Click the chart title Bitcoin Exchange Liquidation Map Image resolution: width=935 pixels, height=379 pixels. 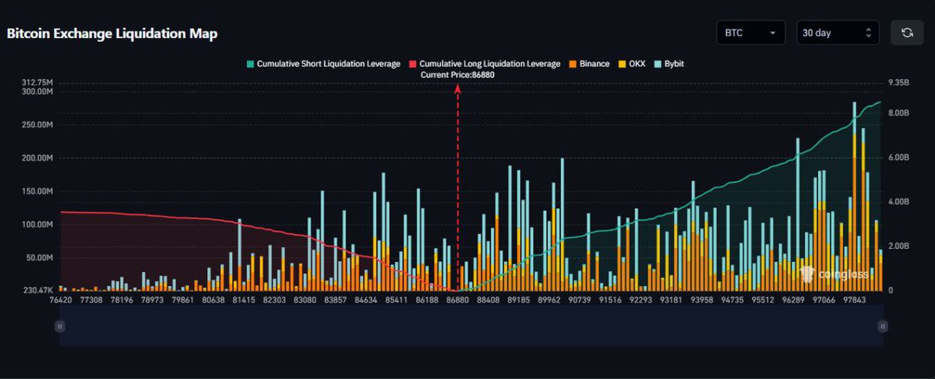point(112,34)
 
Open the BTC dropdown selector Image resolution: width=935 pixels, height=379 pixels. point(750,33)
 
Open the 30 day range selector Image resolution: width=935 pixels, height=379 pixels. point(838,33)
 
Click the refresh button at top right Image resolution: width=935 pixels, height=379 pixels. point(906,33)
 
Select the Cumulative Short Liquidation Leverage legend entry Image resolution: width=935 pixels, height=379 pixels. point(323,64)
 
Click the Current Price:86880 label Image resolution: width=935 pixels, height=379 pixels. point(457,75)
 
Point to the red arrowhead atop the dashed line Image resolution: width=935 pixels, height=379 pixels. point(457,88)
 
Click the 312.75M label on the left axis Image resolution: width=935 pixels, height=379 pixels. point(37,82)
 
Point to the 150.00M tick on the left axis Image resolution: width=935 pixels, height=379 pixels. point(37,191)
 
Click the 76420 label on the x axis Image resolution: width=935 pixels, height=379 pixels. point(60,299)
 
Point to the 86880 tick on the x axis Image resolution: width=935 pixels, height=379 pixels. point(457,299)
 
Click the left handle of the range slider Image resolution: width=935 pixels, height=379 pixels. point(59,327)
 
